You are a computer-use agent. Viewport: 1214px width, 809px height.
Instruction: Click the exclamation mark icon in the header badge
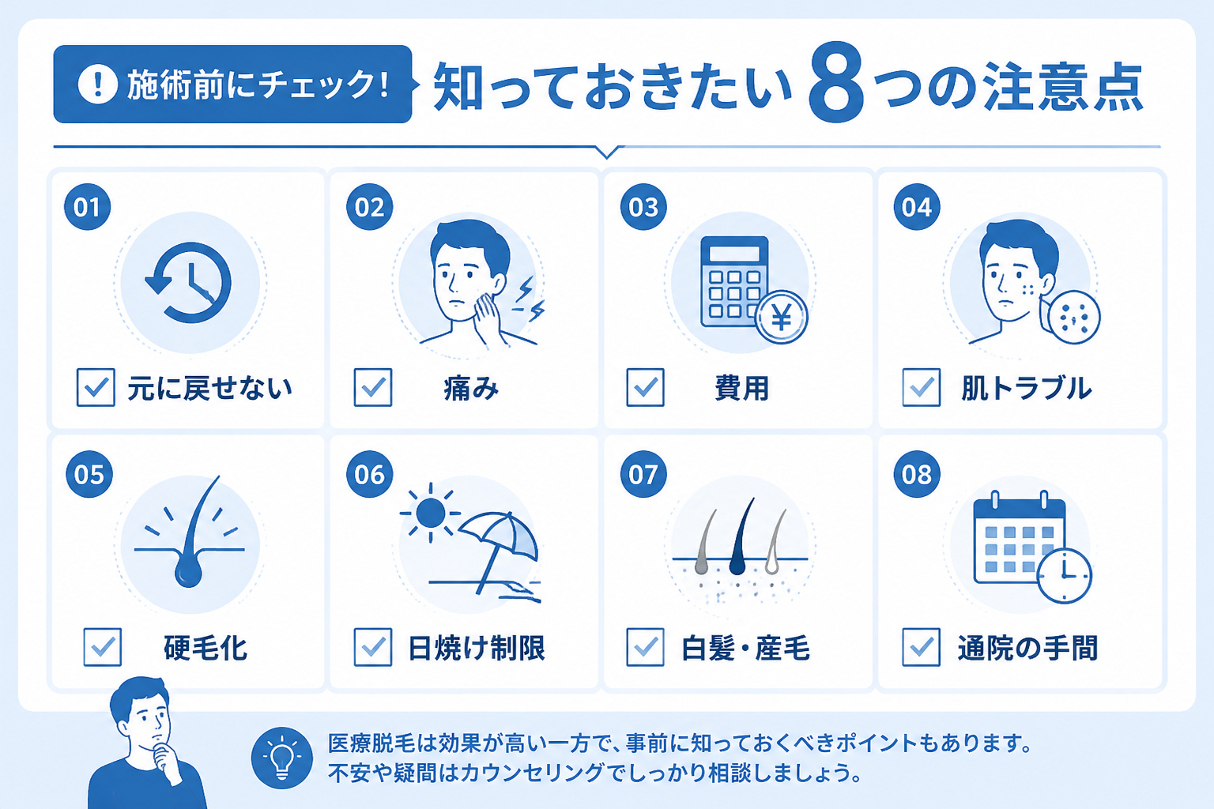97,84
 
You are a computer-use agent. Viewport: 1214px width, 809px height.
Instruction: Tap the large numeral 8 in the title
835,81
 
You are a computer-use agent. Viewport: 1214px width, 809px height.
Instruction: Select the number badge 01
87,206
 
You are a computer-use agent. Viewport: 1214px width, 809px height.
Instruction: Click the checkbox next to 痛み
373,387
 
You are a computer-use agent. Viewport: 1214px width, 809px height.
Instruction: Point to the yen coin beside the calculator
781,317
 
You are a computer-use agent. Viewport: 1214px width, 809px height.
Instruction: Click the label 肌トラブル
1026,388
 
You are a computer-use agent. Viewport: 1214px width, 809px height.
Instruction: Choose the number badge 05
89,474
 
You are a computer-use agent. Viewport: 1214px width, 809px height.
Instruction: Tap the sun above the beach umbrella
430,513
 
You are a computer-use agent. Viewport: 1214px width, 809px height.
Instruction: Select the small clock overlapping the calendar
1064,575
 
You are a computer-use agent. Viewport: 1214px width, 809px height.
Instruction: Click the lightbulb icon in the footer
282,758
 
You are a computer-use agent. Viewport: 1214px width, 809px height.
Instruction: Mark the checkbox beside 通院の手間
921,646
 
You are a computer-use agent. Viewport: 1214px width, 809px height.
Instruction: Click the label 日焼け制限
476,648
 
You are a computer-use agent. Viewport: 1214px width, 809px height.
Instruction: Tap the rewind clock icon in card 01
189,282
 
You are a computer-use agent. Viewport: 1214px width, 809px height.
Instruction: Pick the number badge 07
643,474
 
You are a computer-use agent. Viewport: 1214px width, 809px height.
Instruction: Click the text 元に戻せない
209,388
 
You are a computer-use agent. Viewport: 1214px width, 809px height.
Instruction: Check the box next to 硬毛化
103,646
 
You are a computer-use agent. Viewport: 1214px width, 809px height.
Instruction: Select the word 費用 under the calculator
741,388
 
